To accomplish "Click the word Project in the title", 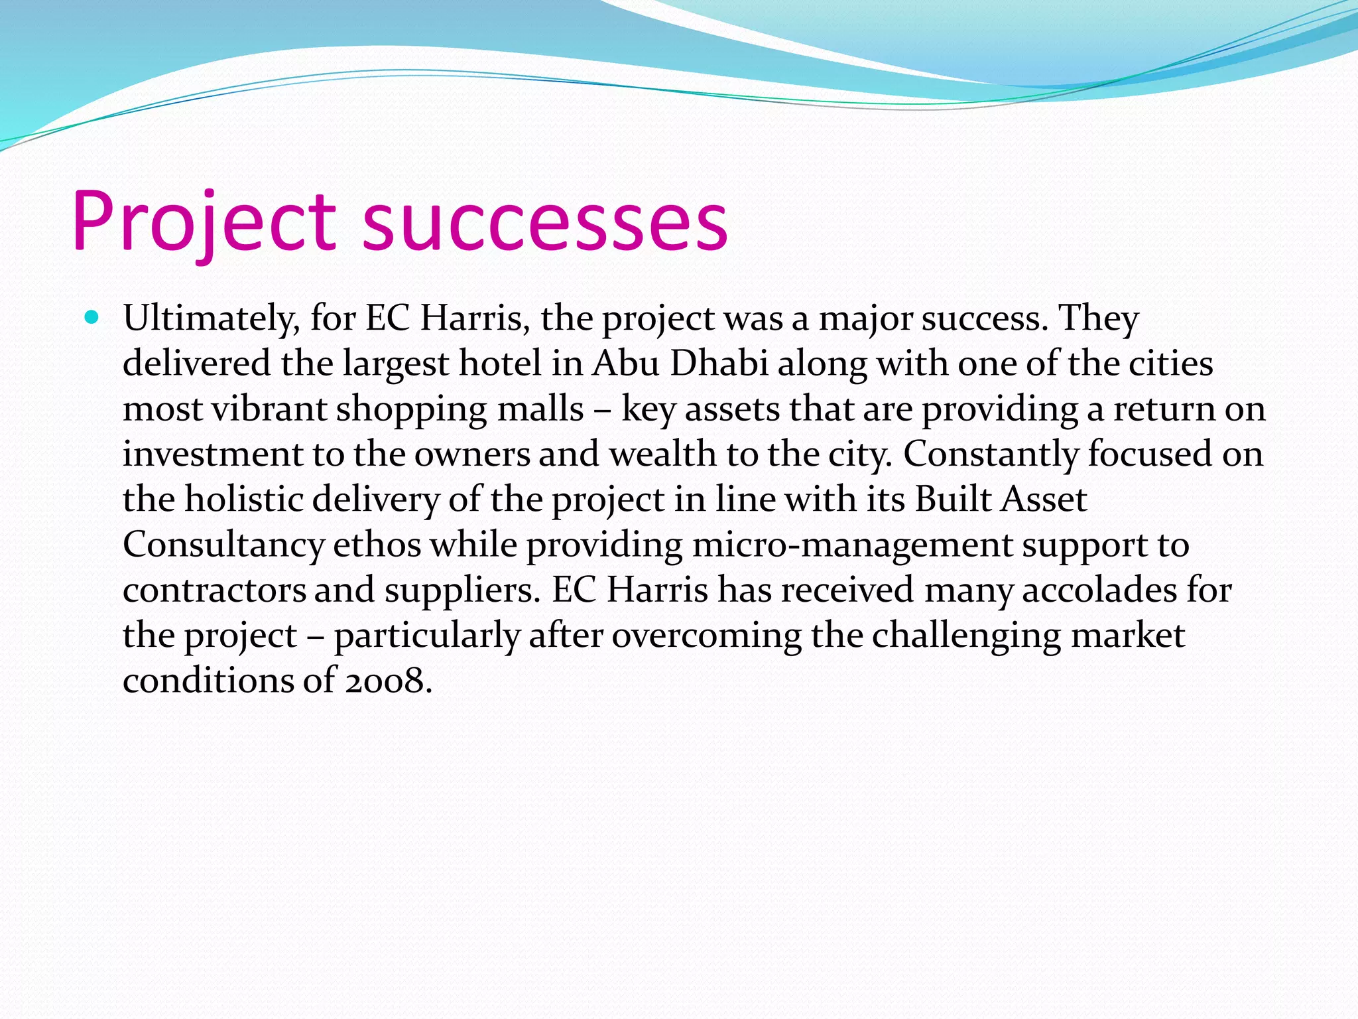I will (204, 222).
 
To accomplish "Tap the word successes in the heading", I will (545, 222).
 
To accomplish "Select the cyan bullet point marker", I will (92, 317).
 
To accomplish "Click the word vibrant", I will (269, 409).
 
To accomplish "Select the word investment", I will (212, 454).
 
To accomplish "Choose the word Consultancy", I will (223, 545).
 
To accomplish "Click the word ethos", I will (377, 545).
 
